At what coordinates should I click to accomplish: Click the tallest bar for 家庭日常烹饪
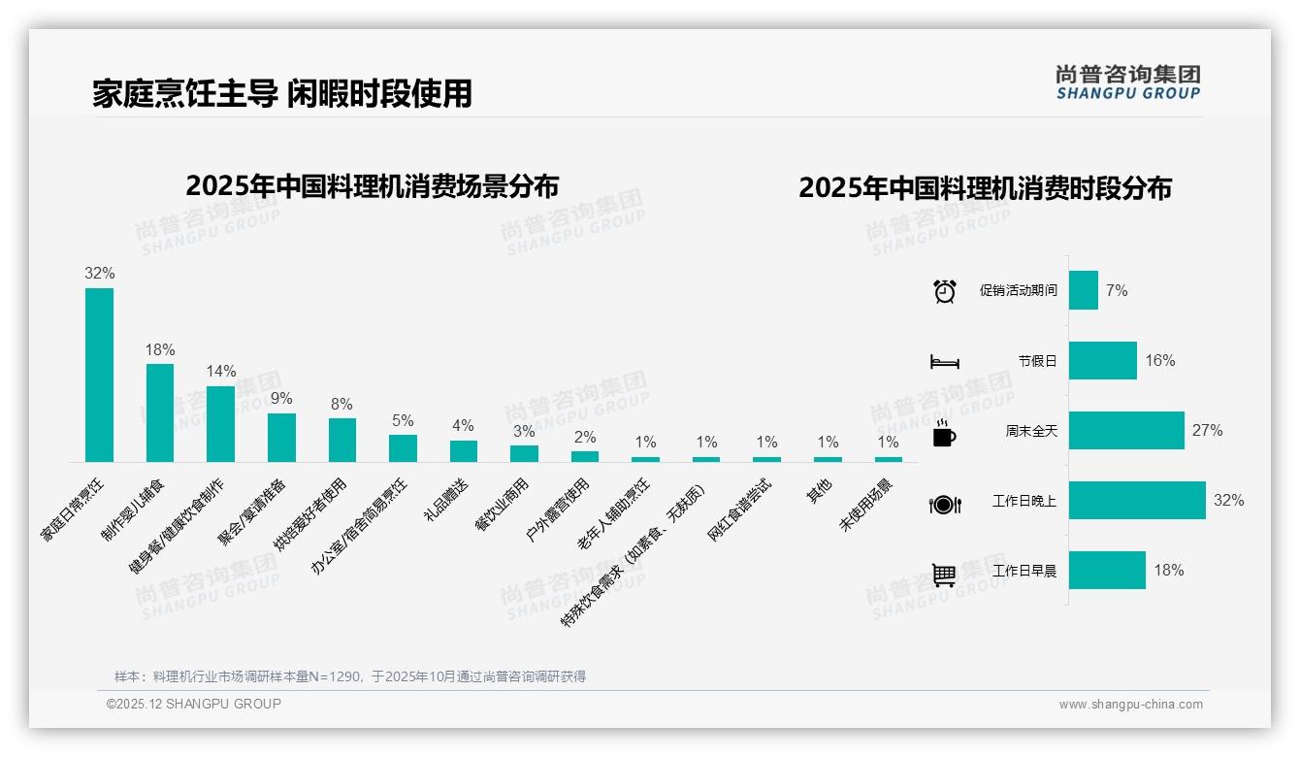tap(99, 375)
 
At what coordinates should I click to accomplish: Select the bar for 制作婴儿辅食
tap(160, 412)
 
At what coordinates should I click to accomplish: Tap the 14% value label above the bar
tap(221, 371)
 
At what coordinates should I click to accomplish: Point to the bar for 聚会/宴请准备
tap(281, 438)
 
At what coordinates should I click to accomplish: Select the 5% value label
tap(403, 420)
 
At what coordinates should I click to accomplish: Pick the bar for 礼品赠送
tap(464, 451)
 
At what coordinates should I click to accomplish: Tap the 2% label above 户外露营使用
tap(585, 438)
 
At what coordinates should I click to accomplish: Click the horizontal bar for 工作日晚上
tap(1137, 501)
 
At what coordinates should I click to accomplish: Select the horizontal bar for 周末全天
tap(1126, 431)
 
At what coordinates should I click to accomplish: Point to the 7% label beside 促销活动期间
tap(1117, 290)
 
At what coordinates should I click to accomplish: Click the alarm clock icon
tap(945, 291)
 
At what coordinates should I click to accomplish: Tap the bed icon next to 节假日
tap(945, 362)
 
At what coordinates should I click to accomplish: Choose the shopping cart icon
tap(945, 575)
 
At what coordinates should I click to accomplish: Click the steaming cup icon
tap(945, 433)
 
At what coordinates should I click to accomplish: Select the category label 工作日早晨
tap(1024, 571)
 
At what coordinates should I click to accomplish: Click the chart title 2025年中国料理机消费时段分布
tap(985, 187)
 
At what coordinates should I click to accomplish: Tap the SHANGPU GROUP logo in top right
tap(1128, 82)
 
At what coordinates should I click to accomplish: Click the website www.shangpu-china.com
tap(1130, 705)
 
